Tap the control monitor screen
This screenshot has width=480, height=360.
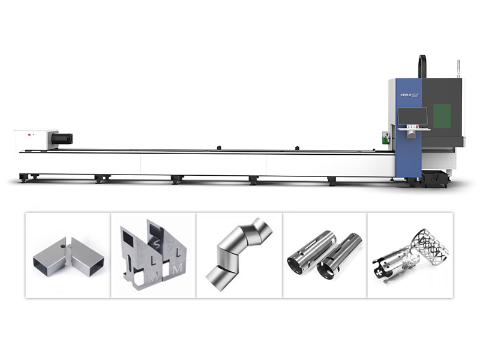coord(412,115)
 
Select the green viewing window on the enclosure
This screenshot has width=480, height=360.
coord(442,115)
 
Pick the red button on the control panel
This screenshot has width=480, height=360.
coord(407,127)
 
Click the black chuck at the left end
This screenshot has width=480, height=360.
coord(62,139)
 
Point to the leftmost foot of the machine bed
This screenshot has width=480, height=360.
coord(23,178)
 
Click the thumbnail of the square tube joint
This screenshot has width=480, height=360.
coord(68,255)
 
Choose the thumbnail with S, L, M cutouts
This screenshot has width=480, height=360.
coord(154,255)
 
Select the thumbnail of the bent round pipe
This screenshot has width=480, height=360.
coord(239,255)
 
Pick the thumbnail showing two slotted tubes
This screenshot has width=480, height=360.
coord(325,255)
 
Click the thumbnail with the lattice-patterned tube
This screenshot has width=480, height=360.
coord(410,255)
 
